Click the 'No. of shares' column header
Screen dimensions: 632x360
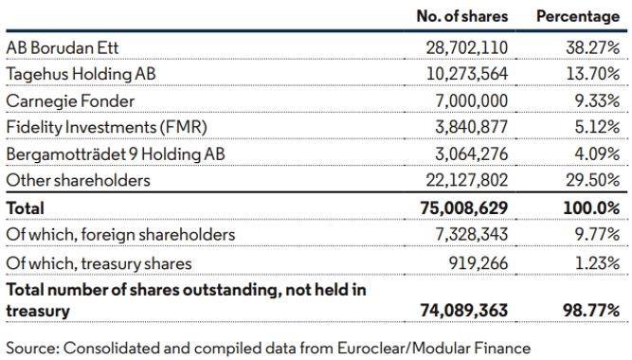tap(461, 16)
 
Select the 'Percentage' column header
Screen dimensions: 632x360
tap(578, 16)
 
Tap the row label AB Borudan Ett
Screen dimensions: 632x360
tap(63, 48)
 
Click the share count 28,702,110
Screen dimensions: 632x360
tap(467, 48)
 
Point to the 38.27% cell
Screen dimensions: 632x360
tap(592, 48)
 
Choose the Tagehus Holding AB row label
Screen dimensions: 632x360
tap(81, 74)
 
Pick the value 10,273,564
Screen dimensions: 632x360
tap(467, 74)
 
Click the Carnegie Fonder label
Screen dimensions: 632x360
tap(70, 101)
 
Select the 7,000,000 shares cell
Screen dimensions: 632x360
tap(472, 100)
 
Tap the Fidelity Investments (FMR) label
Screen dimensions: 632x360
tap(107, 127)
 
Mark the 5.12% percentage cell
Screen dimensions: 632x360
tap(597, 127)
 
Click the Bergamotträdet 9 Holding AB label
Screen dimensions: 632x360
tap(116, 154)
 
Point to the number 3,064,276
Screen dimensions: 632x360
tap(472, 154)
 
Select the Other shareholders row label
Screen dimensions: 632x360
tap(79, 180)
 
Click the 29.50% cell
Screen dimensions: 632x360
tap(592, 180)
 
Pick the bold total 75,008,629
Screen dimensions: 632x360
tap(464, 208)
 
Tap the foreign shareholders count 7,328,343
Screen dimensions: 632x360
tap(472, 234)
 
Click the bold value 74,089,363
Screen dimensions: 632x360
tap(464, 311)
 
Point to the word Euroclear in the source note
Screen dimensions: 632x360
tap(372, 348)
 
